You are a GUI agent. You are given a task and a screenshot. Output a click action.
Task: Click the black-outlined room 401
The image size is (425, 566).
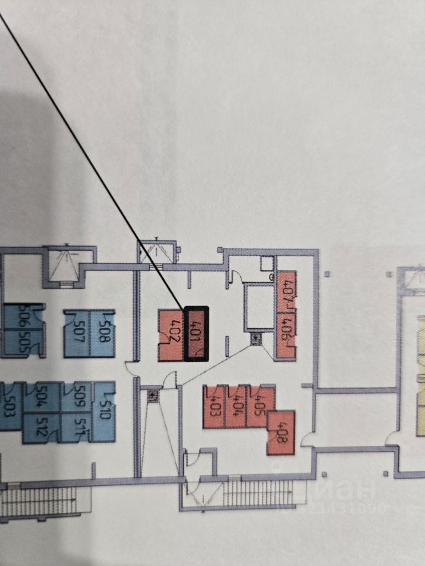point(196,333)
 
